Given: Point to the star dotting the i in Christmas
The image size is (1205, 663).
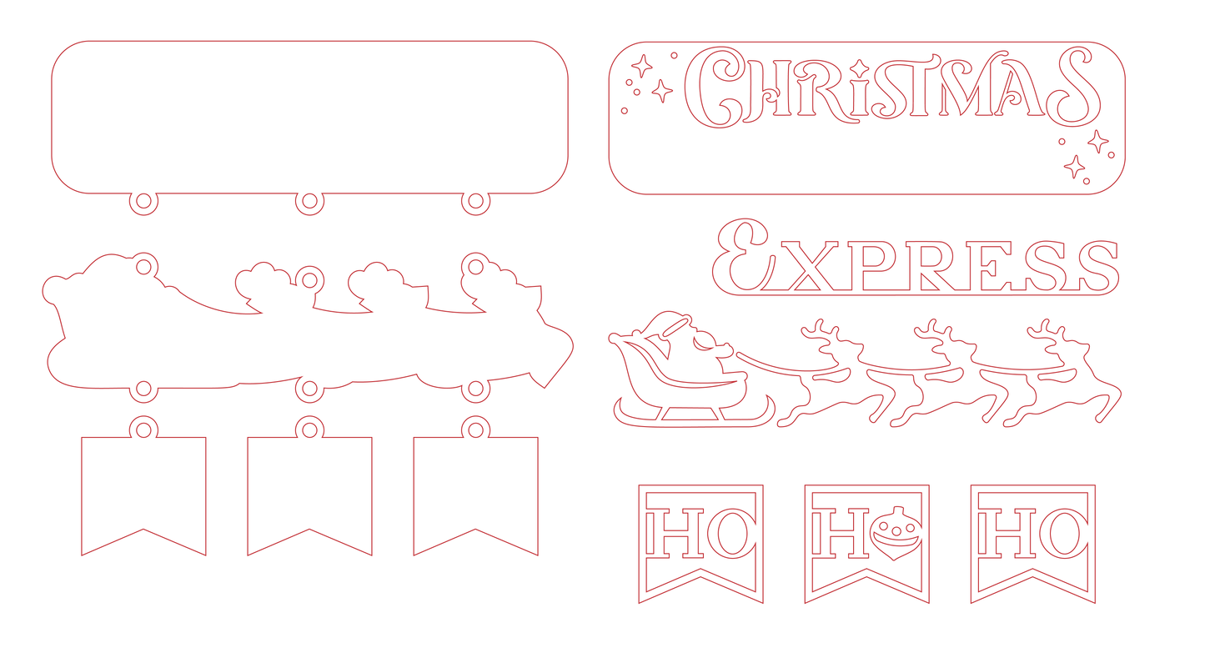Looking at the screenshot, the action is [x=860, y=68].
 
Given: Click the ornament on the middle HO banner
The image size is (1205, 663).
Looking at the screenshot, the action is [x=896, y=532].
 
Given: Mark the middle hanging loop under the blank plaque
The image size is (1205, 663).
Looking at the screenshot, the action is [x=309, y=211].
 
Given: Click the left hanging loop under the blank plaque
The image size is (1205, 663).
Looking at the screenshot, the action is [x=143, y=211].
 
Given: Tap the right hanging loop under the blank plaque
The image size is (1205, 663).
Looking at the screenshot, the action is [x=475, y=211].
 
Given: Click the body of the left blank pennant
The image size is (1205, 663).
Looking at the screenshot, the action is [x=143, y=485].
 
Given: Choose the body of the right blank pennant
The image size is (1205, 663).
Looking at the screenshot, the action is [x=475, y=485].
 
